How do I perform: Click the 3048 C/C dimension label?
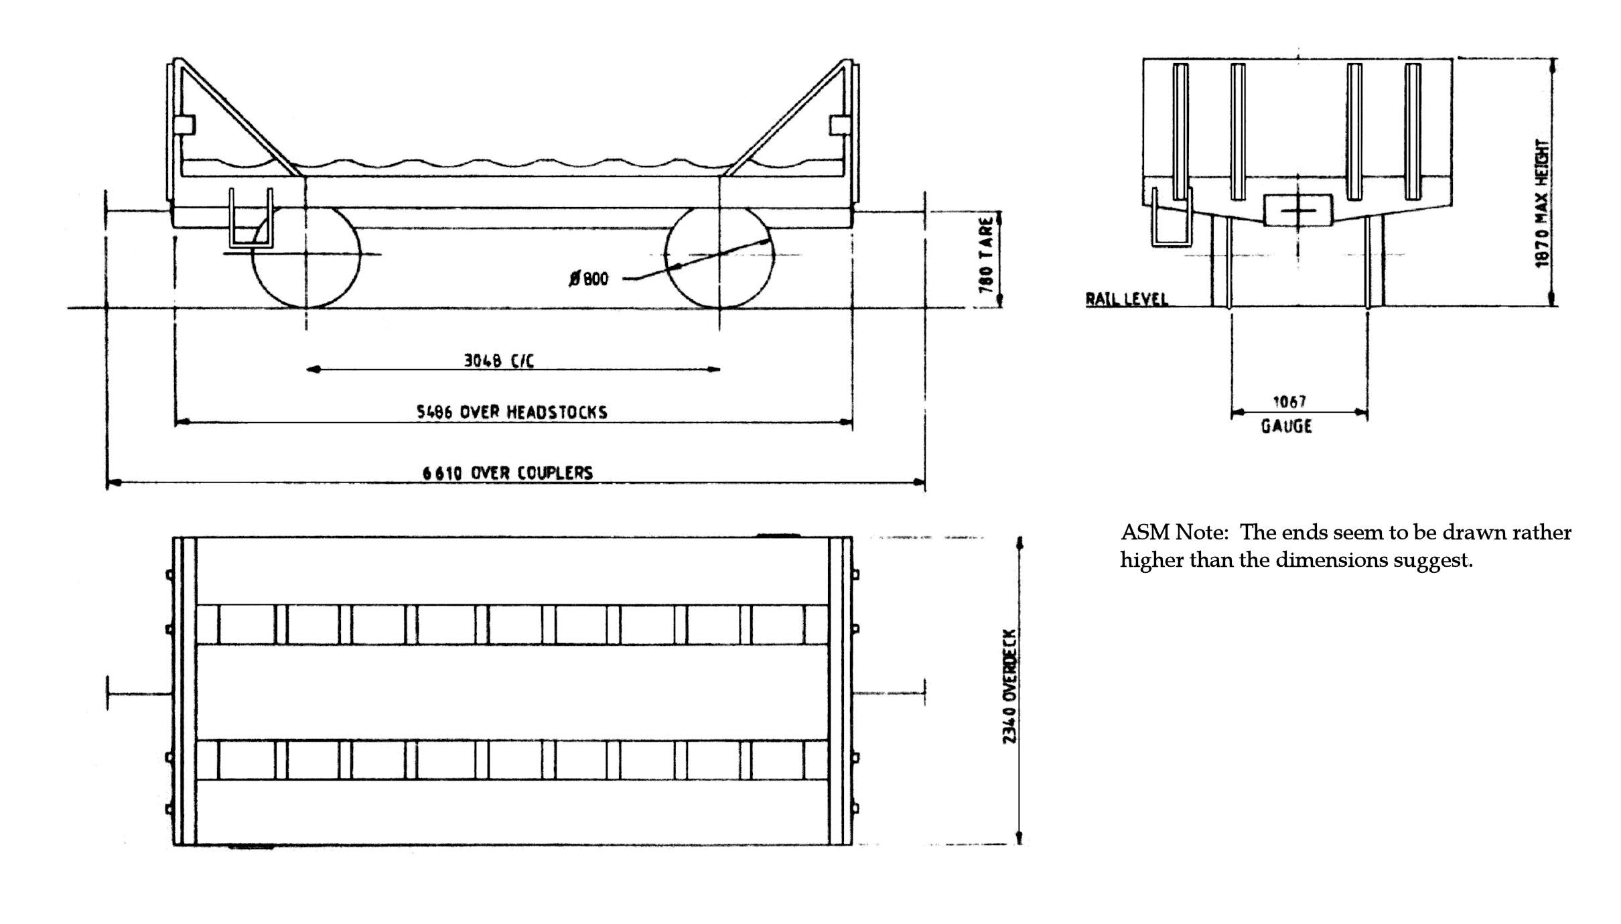click(x=499, y=361)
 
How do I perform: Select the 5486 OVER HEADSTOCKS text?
click(x=512, y=412)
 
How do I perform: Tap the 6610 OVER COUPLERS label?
click(x=507, y=473)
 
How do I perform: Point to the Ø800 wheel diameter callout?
click(x=589, y=279)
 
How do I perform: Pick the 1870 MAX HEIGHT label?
click(x=1543, y=203)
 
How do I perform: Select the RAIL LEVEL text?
click(x=1127, y=299)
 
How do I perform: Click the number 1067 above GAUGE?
click(x=1289, y=402)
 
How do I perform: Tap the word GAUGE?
click(x=1286, y=426)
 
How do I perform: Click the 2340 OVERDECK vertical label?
click(x=1009, y=686)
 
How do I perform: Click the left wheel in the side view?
click(x=306, y=257)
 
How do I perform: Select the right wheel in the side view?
click(x=719, y=257)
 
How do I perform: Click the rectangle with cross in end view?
click(x=1297, y=210)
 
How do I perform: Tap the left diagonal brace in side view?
click(x=238, y=117)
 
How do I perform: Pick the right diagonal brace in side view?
click(x=788, y=117)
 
